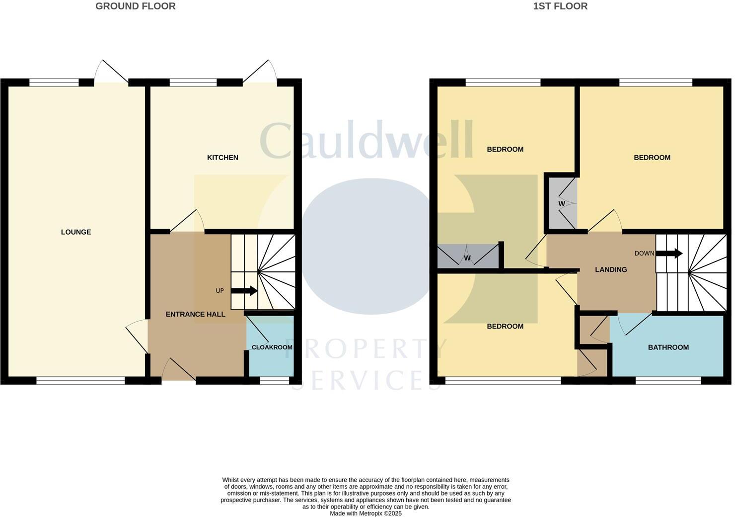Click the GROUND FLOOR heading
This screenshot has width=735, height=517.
pyautogui.click(x=135, y=6)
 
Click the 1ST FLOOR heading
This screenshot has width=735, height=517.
pyautogui.click(x=560, y=6)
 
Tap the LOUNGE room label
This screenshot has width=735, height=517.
pyautogui.click(x=76, y=232)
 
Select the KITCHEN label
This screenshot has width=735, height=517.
pyautogui.click(x=222, y=158)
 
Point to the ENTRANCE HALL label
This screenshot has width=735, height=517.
pyautogui.click(x=195, y=314)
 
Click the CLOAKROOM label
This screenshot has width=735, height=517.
pyautogui.click(x=272, y=347)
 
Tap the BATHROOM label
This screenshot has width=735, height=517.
pyautogui.click(x=668, y=347)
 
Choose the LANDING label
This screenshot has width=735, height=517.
pyautogui.click(x=611, y=269)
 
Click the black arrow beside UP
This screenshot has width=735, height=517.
pyautogui.click(x=244, y=291)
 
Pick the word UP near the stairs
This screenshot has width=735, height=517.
pyautogui.click(x=220, y=291)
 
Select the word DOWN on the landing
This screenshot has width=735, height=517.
pyautogui.click(x=644, y=254)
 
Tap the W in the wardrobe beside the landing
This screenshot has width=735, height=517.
pyautogui.click(x=562, y=204)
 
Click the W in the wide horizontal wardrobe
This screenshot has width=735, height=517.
pyautogui.click(x=467, y=258)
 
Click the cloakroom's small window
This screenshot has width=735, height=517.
pyautogui.click(x=275, y=381)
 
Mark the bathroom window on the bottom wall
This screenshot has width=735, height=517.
pyautogui.click(x=668, y=381)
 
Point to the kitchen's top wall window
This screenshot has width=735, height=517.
pyautogui.click(x=193, y=83)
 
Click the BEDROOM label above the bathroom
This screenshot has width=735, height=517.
pyautogui.click(x=652, y=158)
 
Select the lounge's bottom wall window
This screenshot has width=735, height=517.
pyautogui.click(x=80, y=381)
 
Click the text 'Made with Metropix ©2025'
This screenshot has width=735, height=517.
pyautogui.click(x=366, y=514)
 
